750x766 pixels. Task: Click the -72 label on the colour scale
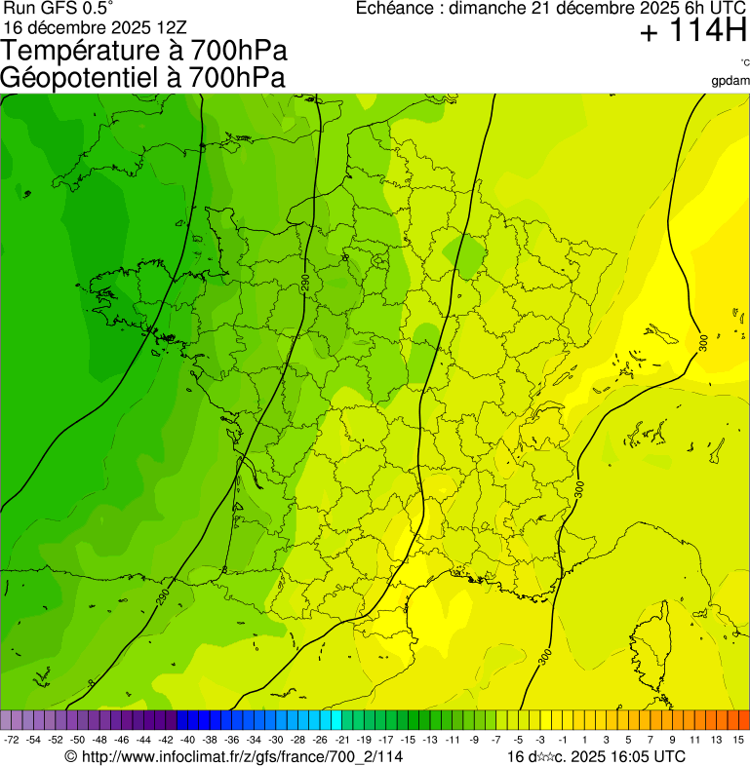(12, 741)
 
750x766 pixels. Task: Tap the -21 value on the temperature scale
(342, 741)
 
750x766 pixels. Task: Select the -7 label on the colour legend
(496, 741)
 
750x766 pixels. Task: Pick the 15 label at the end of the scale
(738, 741)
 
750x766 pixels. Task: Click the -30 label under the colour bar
(277, 741)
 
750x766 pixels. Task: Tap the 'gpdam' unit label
(730, 80)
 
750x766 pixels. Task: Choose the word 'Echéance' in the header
(396, 9)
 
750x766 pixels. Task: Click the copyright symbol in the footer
(70, 756)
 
